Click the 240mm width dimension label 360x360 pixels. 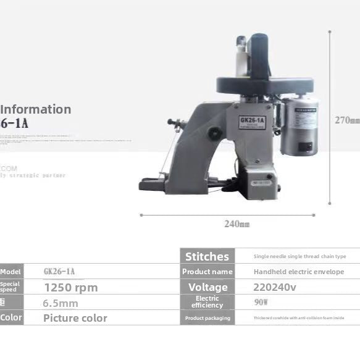coord(237,224)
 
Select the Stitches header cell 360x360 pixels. coord(207,256)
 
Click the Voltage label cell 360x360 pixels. coord(207,287)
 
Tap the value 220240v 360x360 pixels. coord(275,287)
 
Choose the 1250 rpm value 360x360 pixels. coord(70,287)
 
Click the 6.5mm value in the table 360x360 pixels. coord(61,303)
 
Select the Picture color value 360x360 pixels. coord(75,318)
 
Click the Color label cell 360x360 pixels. coord(11,318)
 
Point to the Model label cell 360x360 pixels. coord(11,272)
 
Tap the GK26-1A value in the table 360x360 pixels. coord(59,272)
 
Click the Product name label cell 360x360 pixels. coord(207,272)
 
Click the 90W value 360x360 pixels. coord(261,302)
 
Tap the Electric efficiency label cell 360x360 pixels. coord(207,302)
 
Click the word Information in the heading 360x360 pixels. coord(36,109)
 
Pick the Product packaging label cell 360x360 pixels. coord(207,318)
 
